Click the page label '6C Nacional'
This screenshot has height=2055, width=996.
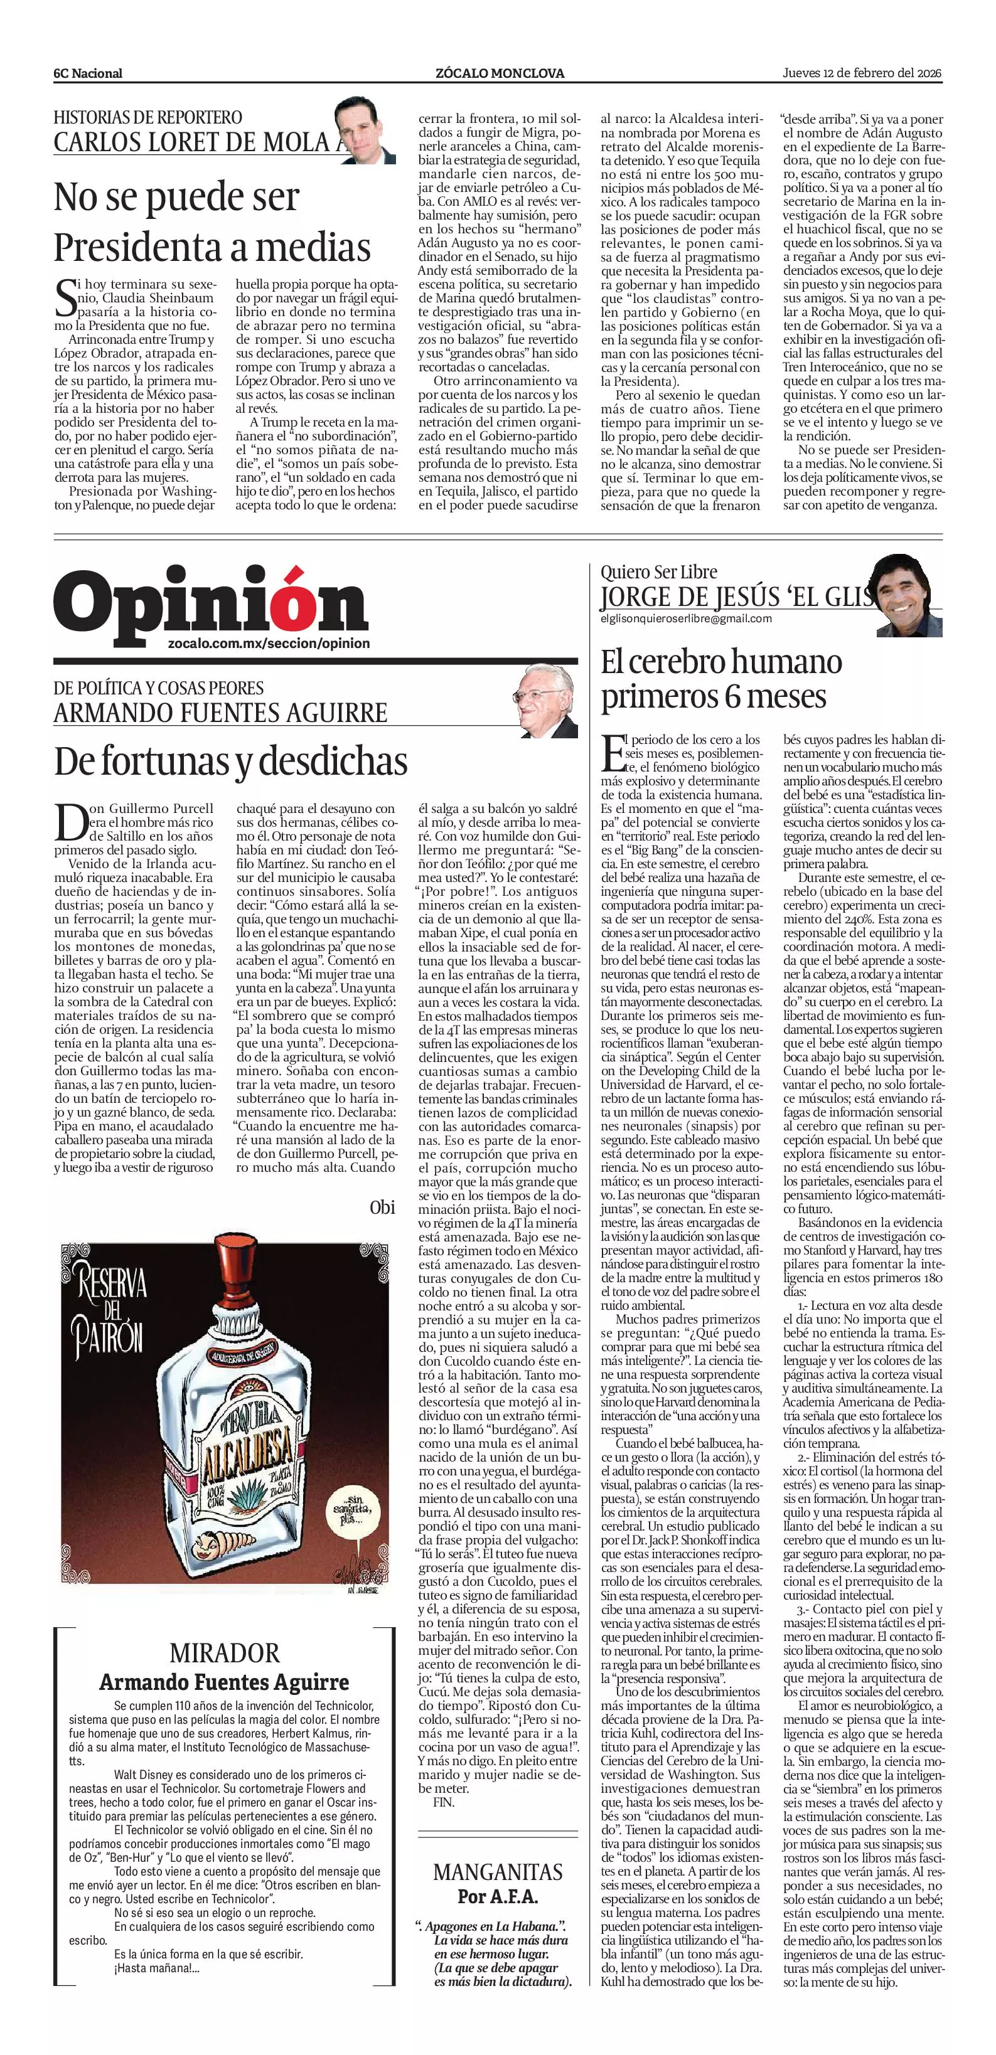coord(88,73)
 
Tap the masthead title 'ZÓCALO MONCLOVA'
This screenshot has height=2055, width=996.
coord(500,73)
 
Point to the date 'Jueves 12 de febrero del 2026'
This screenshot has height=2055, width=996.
coord(862,73)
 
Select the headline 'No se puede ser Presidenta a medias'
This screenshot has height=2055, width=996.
coord(212,222)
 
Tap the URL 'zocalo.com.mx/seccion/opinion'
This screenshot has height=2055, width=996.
coord(269,643)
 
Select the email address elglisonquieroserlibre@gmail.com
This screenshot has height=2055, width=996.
coord(687,619)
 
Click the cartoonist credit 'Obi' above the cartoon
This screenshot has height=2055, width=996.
coord(382,1206)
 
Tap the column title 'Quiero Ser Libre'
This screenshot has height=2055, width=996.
coord(658,571)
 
